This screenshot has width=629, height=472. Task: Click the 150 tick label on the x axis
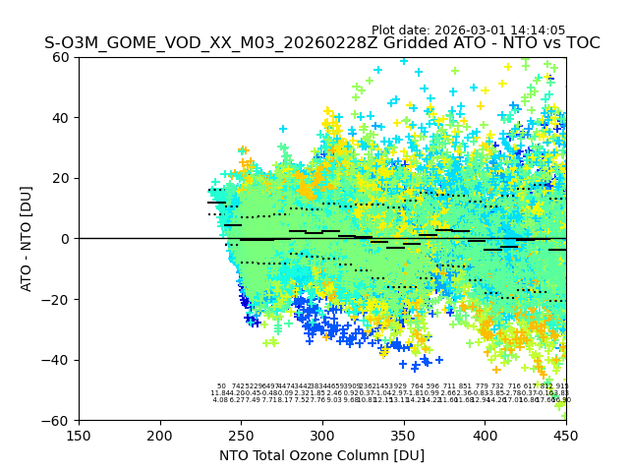(79, 436)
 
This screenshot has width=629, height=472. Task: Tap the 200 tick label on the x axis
(160, 436)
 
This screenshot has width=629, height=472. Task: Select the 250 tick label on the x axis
(242, 436)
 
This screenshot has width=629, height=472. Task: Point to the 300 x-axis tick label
(322, 436)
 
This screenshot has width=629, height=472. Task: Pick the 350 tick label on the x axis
(404, 436)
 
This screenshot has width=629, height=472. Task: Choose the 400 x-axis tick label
(486, 436)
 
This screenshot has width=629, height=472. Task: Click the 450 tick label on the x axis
(566, 436)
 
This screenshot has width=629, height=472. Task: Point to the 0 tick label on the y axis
(67, 239)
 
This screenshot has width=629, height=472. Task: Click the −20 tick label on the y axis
(59, 299)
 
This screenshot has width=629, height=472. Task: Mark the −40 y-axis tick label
(59, 360)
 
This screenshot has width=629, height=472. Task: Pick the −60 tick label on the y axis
(59, 421)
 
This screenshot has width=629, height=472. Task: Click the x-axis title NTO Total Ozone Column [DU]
(321, 455)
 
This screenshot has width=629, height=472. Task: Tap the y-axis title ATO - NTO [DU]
(27, 238)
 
